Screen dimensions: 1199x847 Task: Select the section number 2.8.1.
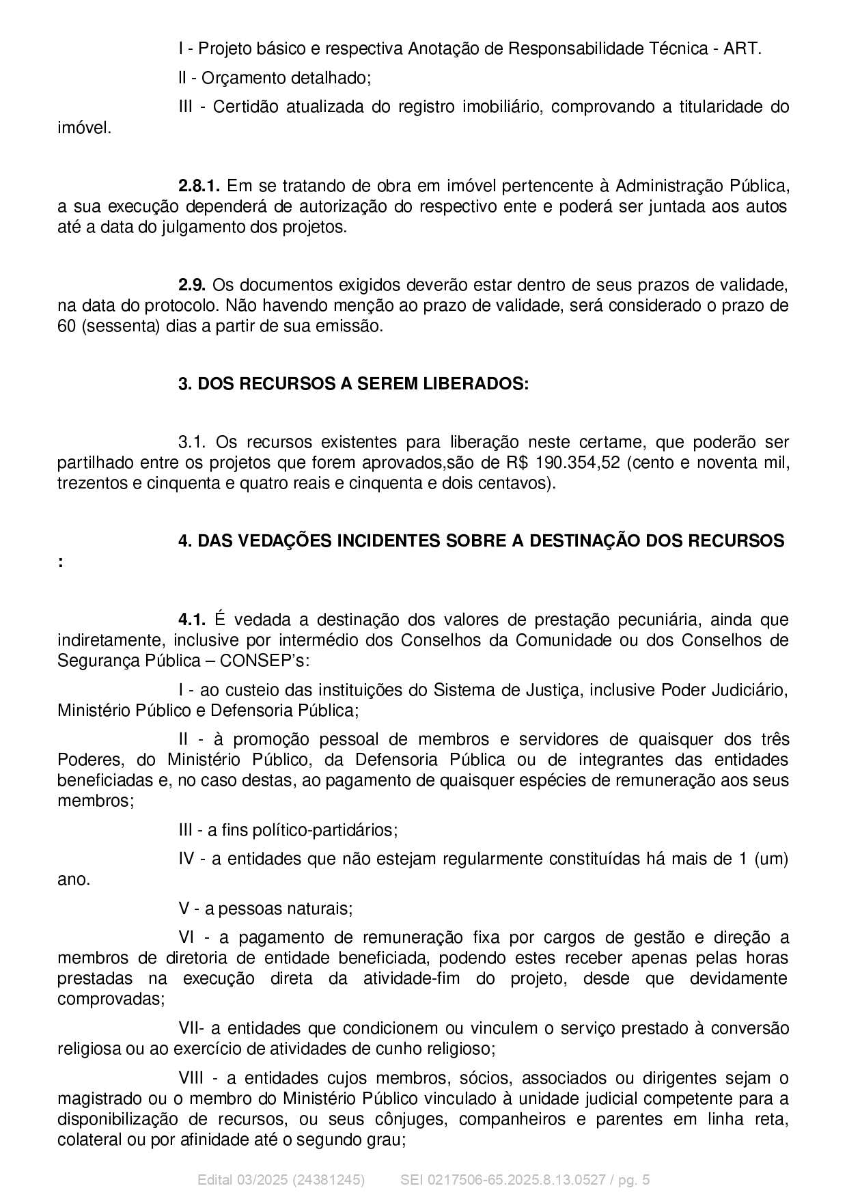click(199, 186)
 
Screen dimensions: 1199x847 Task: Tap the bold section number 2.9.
click(192, 285)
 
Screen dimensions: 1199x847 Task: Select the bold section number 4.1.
click(192, 620)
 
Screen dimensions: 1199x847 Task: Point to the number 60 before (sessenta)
click(66, 326)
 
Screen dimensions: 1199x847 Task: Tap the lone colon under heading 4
click(61, 562)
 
